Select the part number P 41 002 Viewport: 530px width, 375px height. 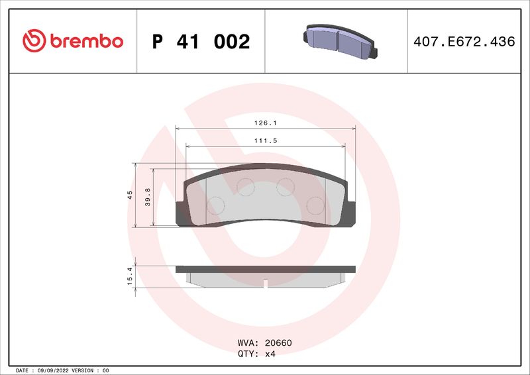(201, 42)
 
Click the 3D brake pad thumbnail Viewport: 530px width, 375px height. (339, 40)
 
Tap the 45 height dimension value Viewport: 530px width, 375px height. (131, 195)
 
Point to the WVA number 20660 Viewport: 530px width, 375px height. (278, 343)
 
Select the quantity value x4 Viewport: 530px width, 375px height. (270, 354)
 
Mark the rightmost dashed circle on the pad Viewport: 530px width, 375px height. (316, 206)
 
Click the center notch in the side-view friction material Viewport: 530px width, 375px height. (265, 284)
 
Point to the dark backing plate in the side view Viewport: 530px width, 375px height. (265, 269)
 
